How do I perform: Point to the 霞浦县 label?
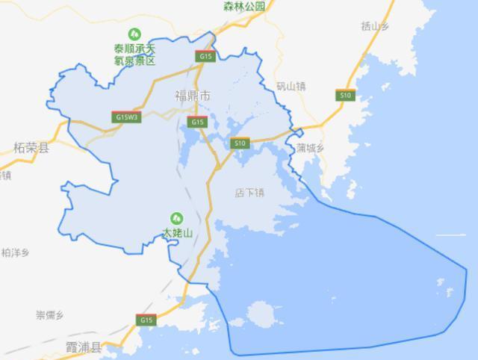click(84, 347)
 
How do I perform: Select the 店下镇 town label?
click(250, 193)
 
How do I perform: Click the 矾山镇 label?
click(291, 86)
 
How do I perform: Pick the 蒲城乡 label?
click(309, 147)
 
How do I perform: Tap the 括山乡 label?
click(376, 26)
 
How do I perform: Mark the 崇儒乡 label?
click(51, 314)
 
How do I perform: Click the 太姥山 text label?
click(178, 234)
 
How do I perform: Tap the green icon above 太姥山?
click(177, 218)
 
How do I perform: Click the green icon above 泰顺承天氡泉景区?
click(134, 33)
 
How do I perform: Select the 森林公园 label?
click(244, 6)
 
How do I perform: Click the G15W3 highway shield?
click(126, 117)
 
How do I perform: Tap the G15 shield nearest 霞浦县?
click(146, 320)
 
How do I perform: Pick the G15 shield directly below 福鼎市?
click(196, 122)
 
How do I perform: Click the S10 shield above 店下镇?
click(240, 143)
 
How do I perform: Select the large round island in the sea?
click(264, 314)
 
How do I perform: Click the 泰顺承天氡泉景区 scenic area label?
click(134, 55)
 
